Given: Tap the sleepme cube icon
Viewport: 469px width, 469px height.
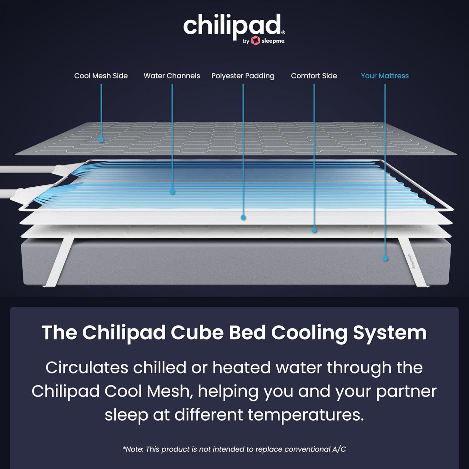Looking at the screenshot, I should click(x=255, y=41).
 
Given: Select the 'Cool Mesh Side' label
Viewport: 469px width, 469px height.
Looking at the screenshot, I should click(x=101, y=76).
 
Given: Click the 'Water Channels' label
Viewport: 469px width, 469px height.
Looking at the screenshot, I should click(x=172, y=76).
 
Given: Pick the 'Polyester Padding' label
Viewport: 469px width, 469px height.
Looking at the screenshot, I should click(x=243, y=76).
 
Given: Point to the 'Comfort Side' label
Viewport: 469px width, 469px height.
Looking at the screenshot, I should click(x=314, y=76).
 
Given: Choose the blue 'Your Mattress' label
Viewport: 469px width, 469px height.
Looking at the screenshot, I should click(x=385, y=76).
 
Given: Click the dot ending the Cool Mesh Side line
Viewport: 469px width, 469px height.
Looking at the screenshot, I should click(x=101, y=140).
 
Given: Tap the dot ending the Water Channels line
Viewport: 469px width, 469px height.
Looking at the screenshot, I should click(x=172, y=192).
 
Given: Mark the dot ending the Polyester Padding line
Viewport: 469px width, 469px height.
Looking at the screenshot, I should click(x=243, y=217).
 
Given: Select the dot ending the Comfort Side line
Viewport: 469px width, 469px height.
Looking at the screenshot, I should click(x=315, y=230).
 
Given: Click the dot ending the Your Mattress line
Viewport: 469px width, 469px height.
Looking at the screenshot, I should click(x=385, y=259).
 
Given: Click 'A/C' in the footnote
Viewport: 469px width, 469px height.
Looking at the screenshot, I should click(x=339, y=449).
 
